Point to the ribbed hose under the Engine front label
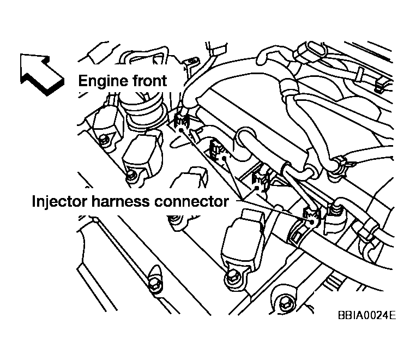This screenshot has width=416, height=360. point(144,109)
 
